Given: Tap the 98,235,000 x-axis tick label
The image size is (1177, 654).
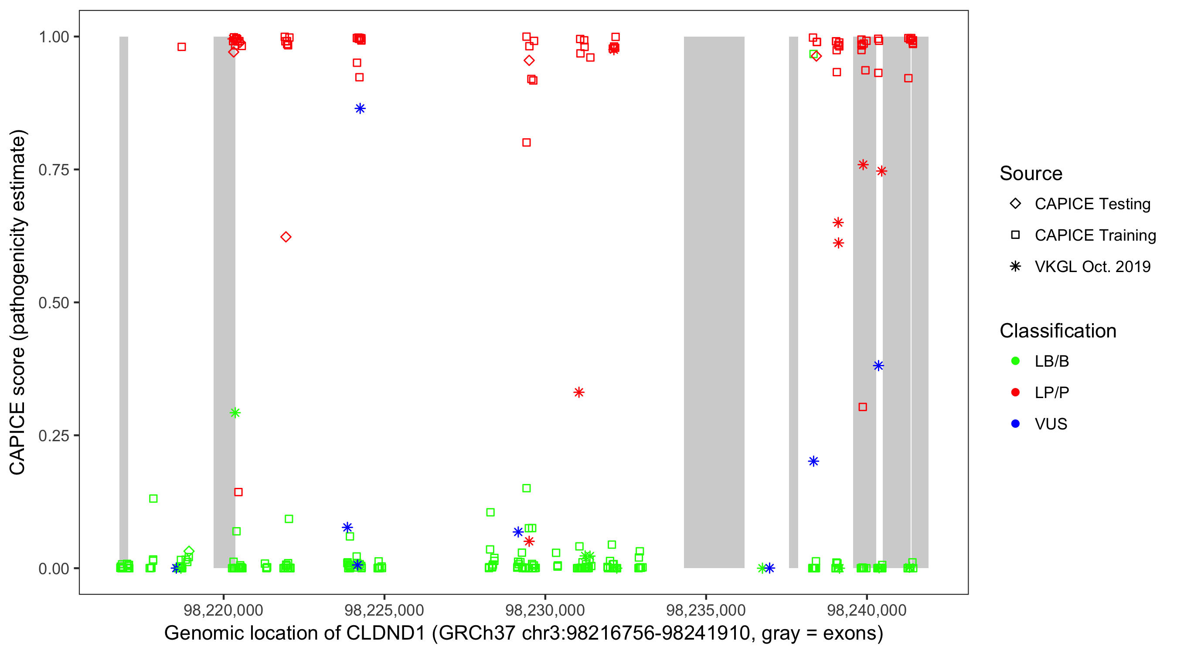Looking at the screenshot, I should point(706,610).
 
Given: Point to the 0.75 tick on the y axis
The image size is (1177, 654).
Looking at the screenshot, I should point(54,170).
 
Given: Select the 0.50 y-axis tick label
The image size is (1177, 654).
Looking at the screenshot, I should point(54,303).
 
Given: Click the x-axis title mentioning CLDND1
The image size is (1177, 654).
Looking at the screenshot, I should point(524,634).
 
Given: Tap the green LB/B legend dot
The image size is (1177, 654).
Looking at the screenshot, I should point(1015,361).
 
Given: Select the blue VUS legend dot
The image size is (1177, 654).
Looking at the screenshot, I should point(1015,424).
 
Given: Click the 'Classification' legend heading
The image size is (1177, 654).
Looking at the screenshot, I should point(1058,331).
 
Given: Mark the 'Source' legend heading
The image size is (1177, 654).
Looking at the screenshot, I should point(1031,174).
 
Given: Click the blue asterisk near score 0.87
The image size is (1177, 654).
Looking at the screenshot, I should point(360,108).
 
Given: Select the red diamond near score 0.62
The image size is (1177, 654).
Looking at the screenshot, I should point(286,237).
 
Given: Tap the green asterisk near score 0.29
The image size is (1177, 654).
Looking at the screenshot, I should point(235,413).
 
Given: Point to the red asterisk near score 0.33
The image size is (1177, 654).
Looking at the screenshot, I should point(579,392).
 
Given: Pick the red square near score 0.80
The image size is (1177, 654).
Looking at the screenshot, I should point(526,143).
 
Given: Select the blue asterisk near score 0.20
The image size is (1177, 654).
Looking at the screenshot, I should point(813,461).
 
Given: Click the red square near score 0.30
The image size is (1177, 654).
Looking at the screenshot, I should point(863,407).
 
